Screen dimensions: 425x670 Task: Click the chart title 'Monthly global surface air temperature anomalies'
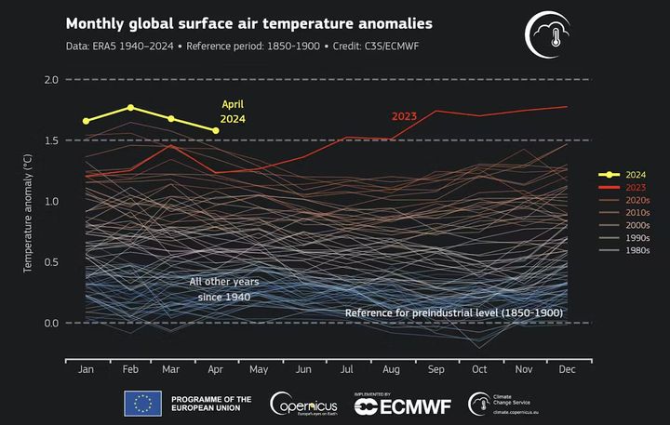coord(248,22)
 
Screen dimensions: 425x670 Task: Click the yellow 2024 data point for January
coord(87,121)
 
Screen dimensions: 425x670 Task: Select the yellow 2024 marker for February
coord(130,108)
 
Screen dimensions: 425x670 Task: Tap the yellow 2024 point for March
coord(171,119)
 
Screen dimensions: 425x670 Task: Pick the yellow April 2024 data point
coord(216,131)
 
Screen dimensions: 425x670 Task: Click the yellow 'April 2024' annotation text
coord(233,112)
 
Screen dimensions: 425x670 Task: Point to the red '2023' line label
coord(403,116)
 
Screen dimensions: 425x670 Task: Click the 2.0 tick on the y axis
coord(52,80)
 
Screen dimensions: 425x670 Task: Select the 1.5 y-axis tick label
coord(52,140)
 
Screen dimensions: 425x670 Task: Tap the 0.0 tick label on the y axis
coord(52,323)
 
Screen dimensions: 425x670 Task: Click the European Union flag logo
coord(143,403)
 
